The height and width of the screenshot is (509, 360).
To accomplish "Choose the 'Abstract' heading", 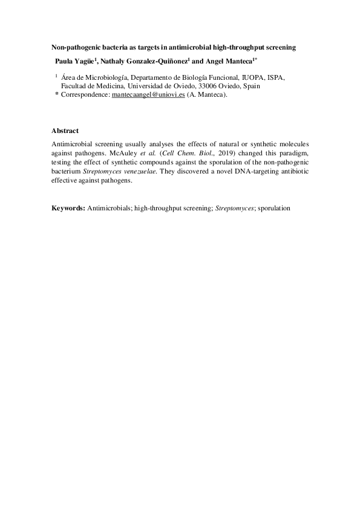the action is tap(65, 131).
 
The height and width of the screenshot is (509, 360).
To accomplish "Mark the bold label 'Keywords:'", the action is tap(68, 208).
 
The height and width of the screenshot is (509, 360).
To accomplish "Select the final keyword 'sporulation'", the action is tap(274, 208).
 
